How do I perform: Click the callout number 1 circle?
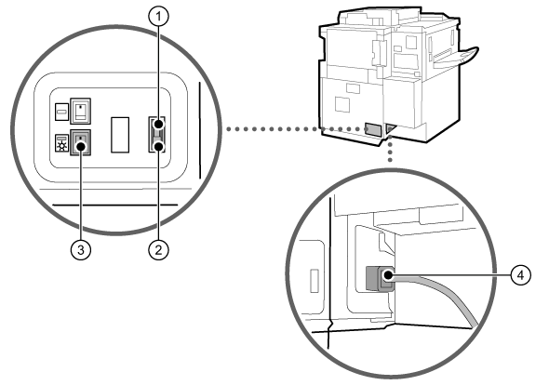158,16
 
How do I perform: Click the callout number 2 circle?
158,250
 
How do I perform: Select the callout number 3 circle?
81,250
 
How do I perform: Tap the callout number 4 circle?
521,274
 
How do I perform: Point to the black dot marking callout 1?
158,125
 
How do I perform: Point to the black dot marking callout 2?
158,146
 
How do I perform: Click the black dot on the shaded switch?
81,146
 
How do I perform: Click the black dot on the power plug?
388,275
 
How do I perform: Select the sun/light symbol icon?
62,143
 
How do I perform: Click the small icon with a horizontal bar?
62,112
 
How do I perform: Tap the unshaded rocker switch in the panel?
81,111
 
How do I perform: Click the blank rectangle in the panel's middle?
120,135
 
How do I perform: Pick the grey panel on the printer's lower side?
372,129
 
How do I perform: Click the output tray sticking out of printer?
456,58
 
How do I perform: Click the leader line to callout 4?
451,275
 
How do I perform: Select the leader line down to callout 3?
81,195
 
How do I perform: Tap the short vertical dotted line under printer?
390,149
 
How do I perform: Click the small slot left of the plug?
315,280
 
